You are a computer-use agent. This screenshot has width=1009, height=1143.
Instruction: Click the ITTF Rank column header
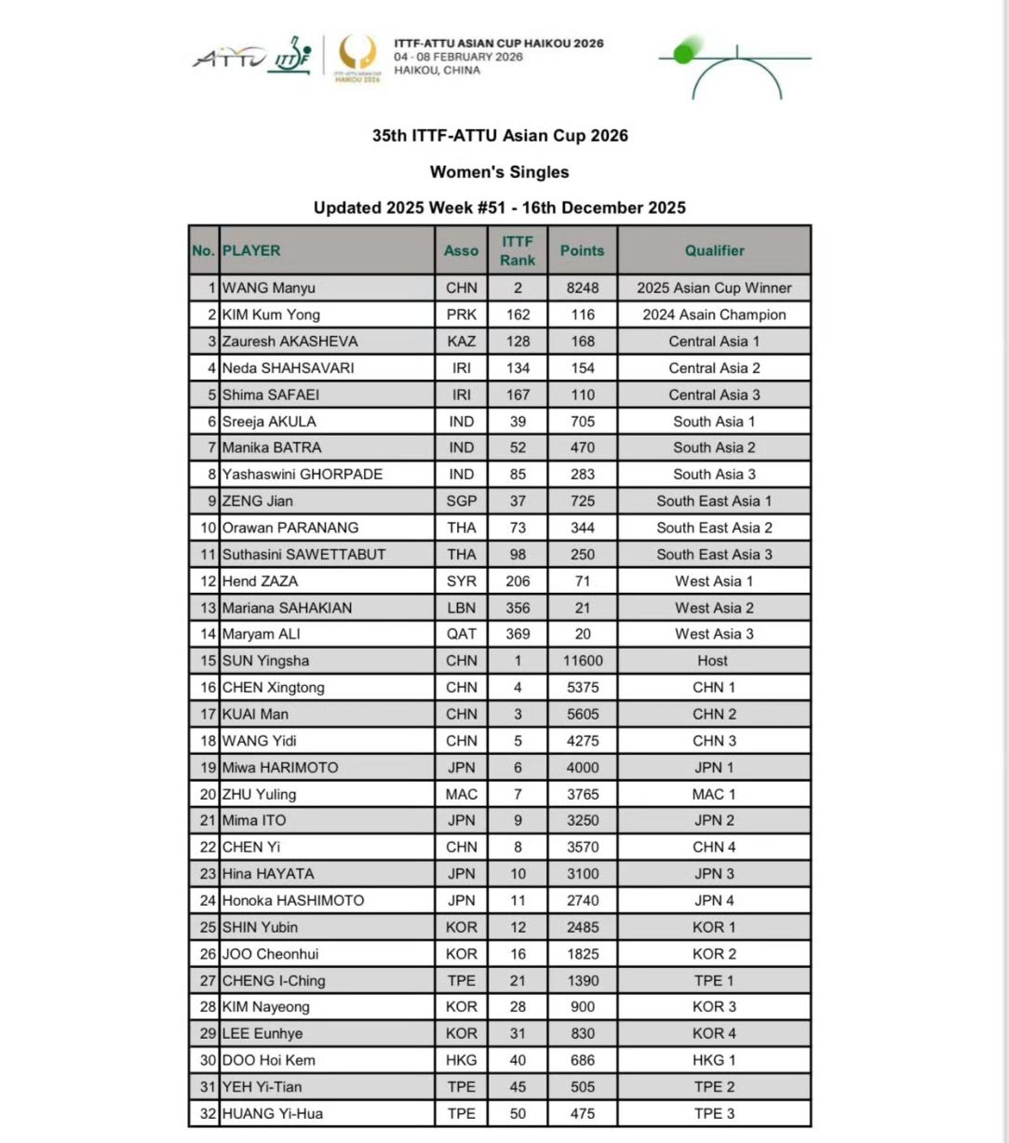tap(518, 250)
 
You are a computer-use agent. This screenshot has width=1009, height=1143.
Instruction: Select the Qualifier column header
tap(714, 250)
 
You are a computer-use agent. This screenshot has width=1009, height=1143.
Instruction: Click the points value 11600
tap(583, 661)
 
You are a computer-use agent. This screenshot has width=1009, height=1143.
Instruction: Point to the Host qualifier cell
tap(713, 661)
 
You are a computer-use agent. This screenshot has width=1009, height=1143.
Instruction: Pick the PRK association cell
tap(461, 315)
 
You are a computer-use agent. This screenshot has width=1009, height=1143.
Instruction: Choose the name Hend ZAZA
tap(260, 581)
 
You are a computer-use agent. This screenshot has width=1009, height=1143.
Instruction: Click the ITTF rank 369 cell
tap(518, 634)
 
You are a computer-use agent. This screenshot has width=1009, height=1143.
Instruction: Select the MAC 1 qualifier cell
tap(714, 794)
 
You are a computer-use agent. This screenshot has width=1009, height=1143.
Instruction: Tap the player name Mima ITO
tap(254, 821)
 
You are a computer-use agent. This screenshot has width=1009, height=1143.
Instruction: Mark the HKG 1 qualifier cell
tap(714, 1060)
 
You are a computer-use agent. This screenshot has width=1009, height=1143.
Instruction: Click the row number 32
tap(207, 1113)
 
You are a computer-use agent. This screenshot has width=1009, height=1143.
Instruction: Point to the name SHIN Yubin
tap(260, 927)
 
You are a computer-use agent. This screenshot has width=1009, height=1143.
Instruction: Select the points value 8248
tap(583, 289)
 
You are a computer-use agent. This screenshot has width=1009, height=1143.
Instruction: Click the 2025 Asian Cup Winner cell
tap(714, 289)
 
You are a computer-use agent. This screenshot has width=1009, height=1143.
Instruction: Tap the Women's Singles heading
tap(499, 172)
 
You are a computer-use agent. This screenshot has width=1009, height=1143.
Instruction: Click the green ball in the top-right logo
tap(684, 52)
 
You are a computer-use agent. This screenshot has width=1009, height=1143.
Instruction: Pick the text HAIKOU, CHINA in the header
tap(437, 71)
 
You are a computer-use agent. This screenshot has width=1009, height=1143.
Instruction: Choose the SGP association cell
tap(461, 501)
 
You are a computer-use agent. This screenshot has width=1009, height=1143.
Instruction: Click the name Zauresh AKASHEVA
tap(289, 342)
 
